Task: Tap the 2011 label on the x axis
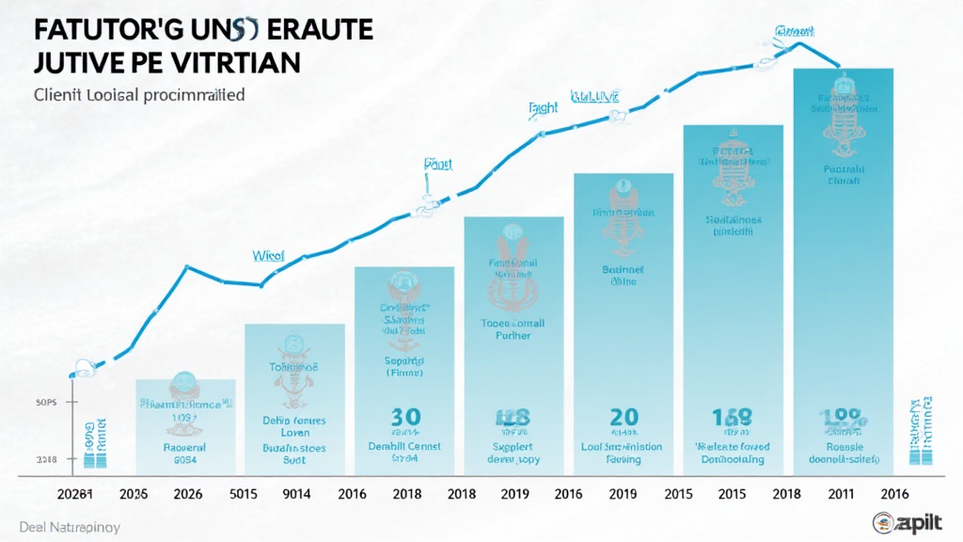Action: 840,492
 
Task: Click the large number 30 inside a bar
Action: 405,418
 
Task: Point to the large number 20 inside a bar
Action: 624,418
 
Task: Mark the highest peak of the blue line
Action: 800,43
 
